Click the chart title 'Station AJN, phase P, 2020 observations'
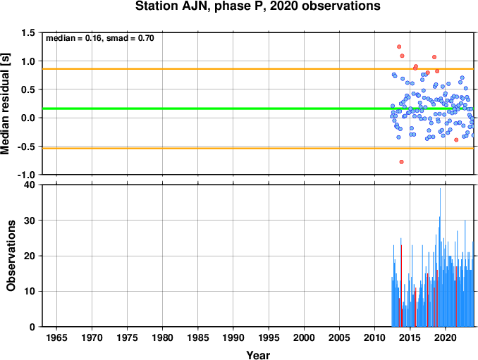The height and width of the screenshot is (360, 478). pos(257,6)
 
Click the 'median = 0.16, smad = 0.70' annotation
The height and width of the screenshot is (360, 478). pos(100,38)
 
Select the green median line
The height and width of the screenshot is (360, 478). pos(258,108)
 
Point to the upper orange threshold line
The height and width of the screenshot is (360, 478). pos(258,69)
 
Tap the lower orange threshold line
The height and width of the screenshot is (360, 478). pos(258,149)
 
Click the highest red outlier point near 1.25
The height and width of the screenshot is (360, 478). pos(399,46)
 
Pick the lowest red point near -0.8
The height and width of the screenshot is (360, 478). pos(401,162)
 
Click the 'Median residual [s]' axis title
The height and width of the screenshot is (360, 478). pos(5,104)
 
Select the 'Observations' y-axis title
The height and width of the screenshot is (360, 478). pos(11,256)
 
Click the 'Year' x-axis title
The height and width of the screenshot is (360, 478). pos(258,355)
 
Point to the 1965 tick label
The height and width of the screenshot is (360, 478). pos(56,337)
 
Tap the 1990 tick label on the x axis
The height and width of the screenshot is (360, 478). pos(233,337)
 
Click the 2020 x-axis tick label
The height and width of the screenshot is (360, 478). pos(446,337)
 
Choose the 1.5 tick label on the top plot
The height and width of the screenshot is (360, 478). pos(28,32)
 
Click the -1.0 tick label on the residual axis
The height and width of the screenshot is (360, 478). pos(26,175)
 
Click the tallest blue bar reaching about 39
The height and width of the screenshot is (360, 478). pos(440,257)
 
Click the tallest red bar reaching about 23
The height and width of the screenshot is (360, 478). pos(401,286)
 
